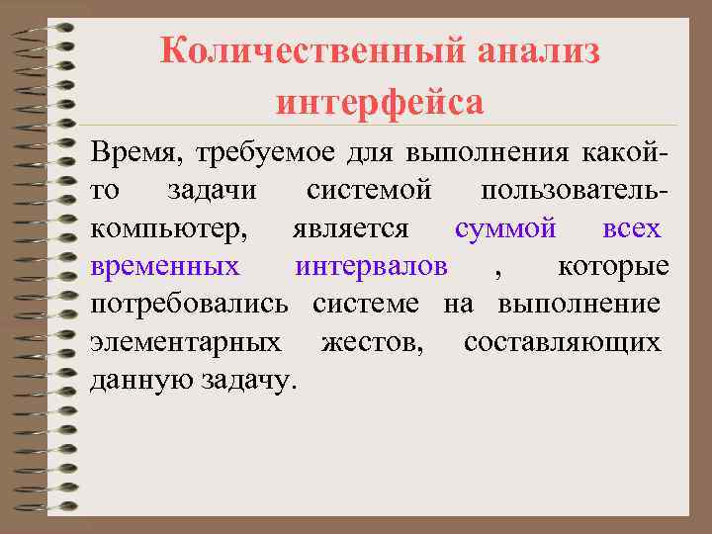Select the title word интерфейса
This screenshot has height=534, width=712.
pyautogui.click(x=381, y=100)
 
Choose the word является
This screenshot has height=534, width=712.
pyautogui.click(x=350, y=229)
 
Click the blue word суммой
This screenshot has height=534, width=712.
pyautogui.click(x=504, y=229)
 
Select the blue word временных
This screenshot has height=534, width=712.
pyautogui.click(x=164, y=266)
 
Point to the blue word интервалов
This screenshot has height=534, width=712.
pyautogui.click(x=371, y=266)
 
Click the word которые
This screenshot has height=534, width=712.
pyautogui.click(x=613, y=266)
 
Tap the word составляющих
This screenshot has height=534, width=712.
pyautogui.click(x=562, y=342)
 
